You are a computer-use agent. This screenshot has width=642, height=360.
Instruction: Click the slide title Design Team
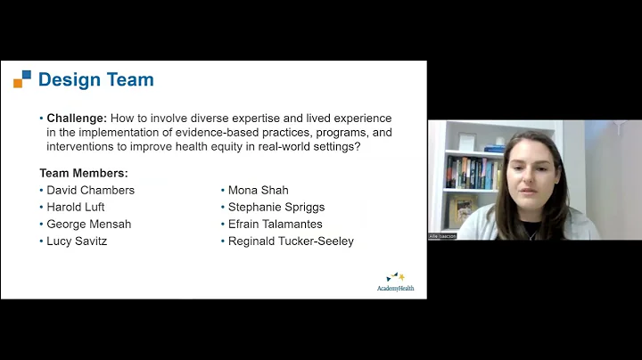tap(95, 79)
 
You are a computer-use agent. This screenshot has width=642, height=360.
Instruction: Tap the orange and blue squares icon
tap(22, 79)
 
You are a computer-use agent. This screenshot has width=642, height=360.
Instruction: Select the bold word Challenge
tap(77, 118)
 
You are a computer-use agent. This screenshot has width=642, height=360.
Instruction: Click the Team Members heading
tap(83, 173)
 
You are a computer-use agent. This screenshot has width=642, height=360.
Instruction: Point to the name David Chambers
tap(90, 190)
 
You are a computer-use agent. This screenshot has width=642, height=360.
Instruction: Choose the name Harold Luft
tap(75, 207)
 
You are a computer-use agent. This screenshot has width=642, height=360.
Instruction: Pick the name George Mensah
tap(88, 224)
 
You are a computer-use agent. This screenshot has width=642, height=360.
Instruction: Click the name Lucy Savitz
tap(77, 241)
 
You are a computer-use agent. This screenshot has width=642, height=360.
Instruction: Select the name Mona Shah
tap(258, 190)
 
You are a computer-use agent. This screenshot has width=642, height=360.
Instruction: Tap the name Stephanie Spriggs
tap(276, 207)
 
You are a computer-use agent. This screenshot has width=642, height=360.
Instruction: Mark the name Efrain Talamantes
tap(275, 224)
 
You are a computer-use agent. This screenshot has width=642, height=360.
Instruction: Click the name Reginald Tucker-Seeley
tap(291, 241)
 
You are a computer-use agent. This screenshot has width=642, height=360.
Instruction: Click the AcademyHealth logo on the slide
tap(395, 282)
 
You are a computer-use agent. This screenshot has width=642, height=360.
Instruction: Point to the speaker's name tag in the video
tap(442, 236)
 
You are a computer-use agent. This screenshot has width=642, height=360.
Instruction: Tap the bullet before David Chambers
tap(41, 190)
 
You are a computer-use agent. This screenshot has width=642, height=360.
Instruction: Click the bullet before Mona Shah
tap(222, 190)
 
